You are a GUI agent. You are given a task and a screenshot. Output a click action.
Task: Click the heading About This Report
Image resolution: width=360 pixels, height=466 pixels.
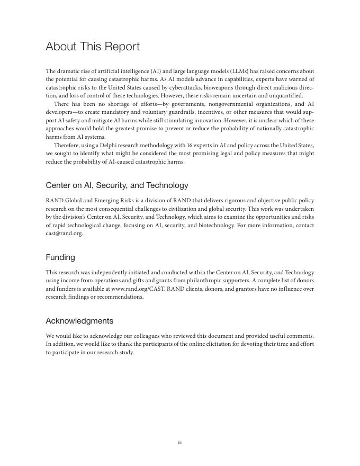click(93, 47)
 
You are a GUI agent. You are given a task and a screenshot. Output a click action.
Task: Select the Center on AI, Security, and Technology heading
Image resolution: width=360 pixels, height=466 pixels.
click(117, 185)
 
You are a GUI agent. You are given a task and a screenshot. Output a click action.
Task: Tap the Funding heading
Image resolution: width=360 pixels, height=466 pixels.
click(60, 257)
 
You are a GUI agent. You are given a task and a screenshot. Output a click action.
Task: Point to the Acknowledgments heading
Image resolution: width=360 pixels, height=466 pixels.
click(79, 321)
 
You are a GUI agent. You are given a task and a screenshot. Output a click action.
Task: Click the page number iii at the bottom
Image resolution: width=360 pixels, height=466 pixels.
click(180, 443)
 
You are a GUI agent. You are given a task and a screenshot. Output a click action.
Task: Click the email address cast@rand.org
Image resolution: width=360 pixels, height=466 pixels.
click(64, 234)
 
